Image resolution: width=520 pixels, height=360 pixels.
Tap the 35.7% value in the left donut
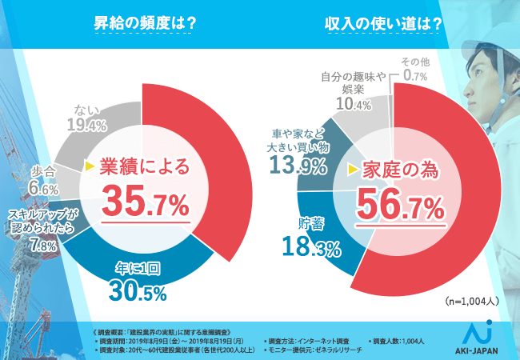(x=143, y=201)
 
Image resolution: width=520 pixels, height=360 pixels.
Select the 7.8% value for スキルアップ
(x=38, y=246)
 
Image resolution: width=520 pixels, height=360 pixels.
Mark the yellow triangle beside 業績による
(x=90, y=167)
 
